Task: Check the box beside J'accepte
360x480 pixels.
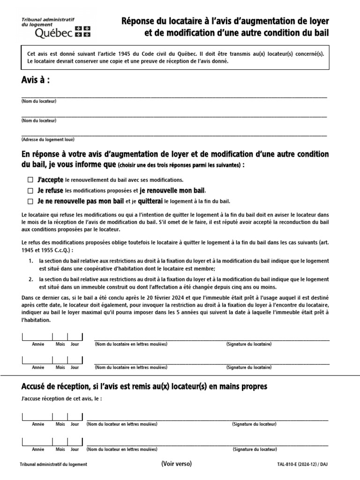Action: [x=30, y=180]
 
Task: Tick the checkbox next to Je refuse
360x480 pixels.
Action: [x=30, y=191]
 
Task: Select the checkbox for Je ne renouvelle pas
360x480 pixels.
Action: [x=30, y=202]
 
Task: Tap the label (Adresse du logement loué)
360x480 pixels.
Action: [x=48, y=140]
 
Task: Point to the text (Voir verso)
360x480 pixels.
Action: [x=176, y=464]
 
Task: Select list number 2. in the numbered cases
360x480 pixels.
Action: [x=30, y=278]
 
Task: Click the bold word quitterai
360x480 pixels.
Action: [x=150, y=202]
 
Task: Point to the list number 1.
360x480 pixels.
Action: [x=30, y=261]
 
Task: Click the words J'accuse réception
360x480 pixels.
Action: [x=44, y=399]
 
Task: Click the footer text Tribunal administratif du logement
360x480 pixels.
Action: [x=53, y=465]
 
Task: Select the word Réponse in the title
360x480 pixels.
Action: [x=139, y=22]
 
